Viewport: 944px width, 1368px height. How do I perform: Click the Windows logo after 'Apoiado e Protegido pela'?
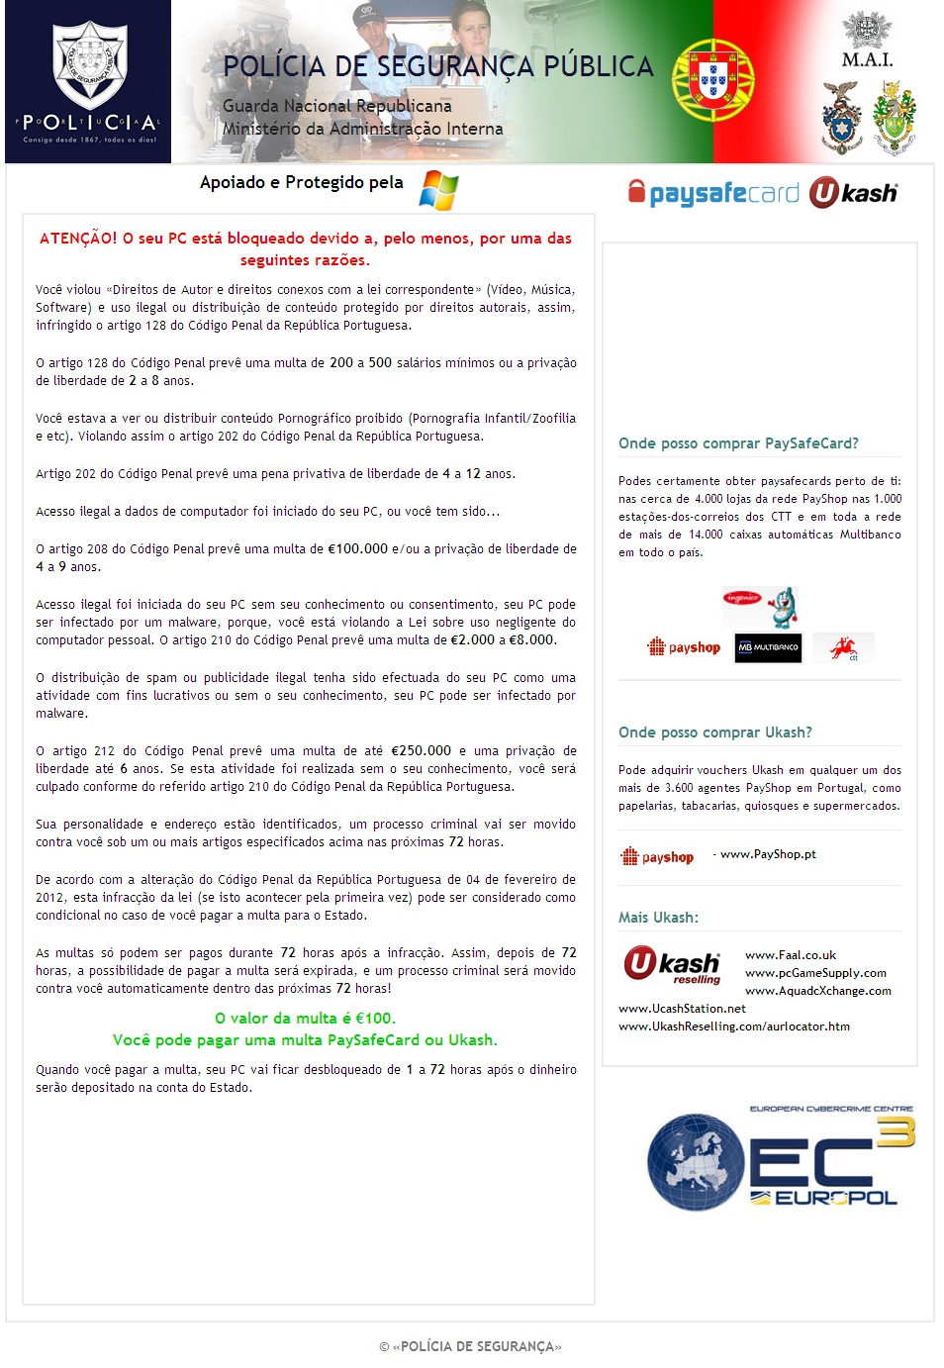(x=438, y=189)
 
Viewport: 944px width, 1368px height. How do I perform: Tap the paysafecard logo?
(x=713, y=192)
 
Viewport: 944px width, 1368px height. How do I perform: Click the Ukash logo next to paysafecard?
(x=853, y=193)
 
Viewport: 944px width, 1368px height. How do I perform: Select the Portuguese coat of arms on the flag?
(x=712, y=80)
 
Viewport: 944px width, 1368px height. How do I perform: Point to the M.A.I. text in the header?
(x=867, y=59)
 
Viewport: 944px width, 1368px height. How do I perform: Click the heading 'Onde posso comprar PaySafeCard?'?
(x=738, y=443)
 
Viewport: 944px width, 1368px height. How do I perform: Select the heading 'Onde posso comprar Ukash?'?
(x=714, y=733)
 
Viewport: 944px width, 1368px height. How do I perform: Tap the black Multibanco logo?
(x=768, y=647)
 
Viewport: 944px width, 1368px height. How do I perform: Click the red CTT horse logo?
(x=843, y=648)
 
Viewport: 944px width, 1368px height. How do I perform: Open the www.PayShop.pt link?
(x=768, y=854)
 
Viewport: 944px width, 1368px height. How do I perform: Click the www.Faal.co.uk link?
(x=790, y=955)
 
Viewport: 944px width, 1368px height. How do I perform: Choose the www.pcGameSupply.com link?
(x=815, y=973)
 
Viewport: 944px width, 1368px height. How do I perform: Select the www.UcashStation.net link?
(x=682, y=1009)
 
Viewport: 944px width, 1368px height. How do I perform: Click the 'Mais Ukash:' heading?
(x=658, y=918)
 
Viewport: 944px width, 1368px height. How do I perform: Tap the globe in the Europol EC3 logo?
(x=695, y=1162)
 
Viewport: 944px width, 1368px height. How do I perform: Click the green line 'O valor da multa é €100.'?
(x=305, y=1018)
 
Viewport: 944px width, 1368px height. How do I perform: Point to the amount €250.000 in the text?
(x=421, y=750)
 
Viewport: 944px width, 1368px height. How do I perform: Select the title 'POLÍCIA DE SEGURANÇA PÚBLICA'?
(x=438, y=66)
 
